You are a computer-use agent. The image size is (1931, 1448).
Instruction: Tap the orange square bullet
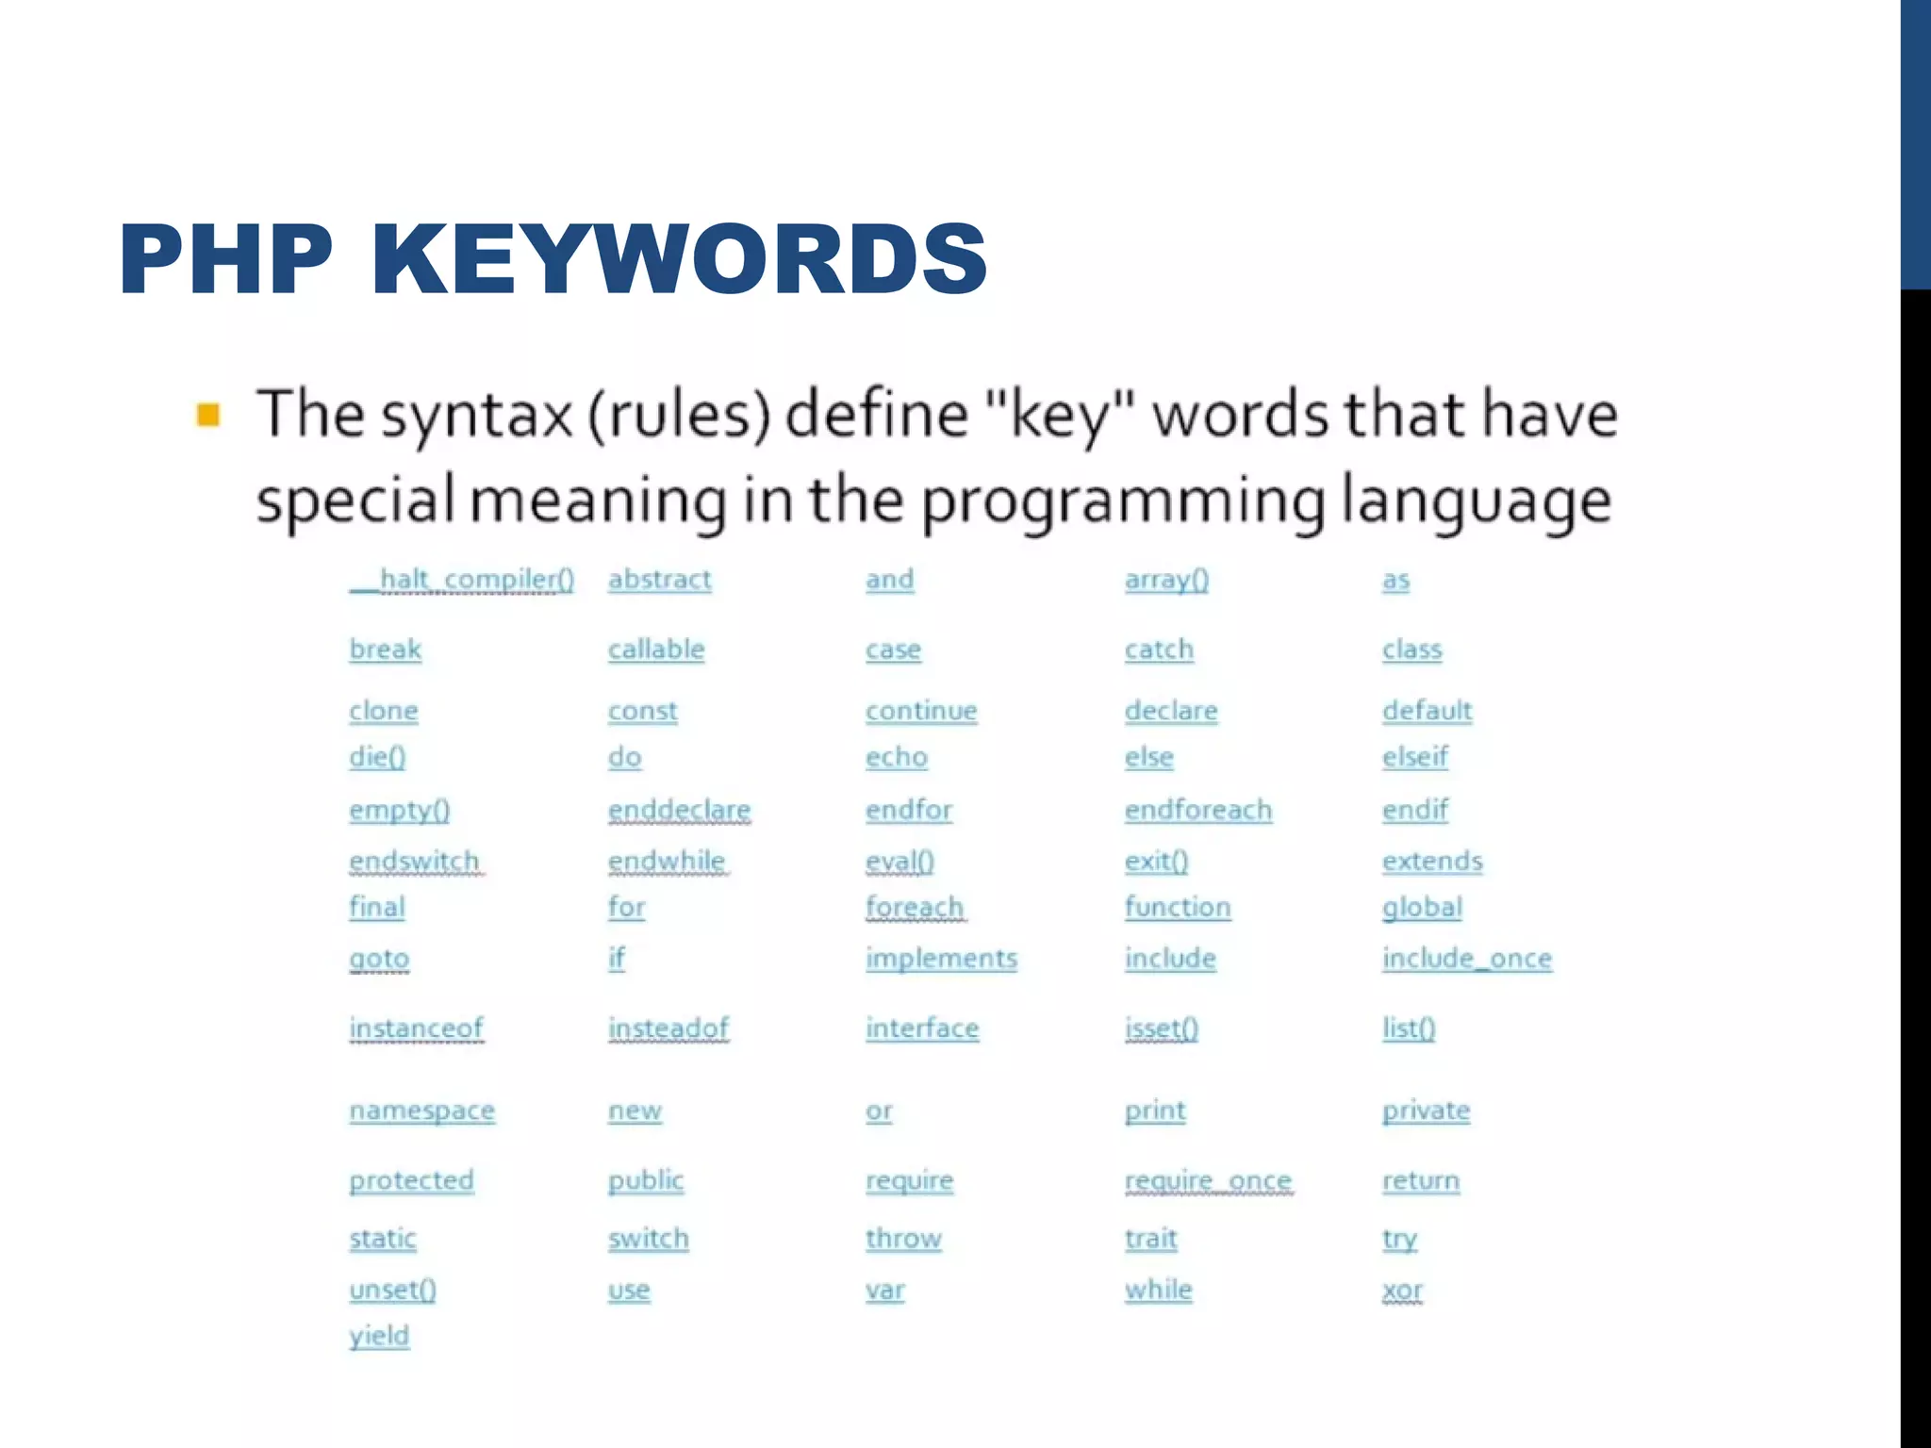pos(208,415)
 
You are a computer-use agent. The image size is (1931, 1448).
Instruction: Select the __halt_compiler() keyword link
pos(462,579)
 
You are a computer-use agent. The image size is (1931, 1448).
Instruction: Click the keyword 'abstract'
pos(659,579)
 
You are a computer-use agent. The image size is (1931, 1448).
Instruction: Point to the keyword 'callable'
pos(656,649)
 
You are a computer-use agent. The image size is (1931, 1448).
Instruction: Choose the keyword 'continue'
pos(921,710)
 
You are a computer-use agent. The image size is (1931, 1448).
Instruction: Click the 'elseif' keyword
pos(1415,756)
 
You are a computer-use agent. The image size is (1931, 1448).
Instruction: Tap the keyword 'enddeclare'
pos(679,810)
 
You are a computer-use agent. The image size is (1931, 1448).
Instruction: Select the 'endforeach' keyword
pos(1197,810)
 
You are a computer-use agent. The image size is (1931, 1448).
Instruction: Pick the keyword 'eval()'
pos(899,861)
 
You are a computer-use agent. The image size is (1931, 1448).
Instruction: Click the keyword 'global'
pos(1422,907)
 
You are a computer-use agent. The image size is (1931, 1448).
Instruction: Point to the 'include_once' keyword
pos(1467,958)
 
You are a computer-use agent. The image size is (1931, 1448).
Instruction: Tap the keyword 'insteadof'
pos(668,1028)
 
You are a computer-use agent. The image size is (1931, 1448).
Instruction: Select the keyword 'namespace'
pos(421,1111)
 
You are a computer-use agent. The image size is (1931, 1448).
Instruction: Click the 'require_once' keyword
pos(1208,1180)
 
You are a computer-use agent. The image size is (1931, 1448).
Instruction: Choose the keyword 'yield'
pos(379,1335)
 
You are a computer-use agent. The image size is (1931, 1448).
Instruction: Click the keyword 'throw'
pos(903,1238)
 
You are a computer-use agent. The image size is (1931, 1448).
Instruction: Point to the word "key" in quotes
pos(1061,416)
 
